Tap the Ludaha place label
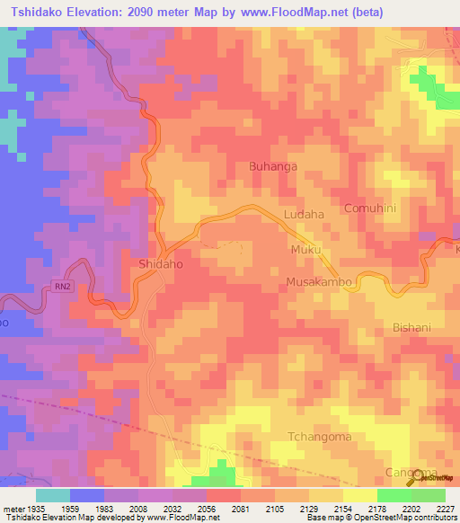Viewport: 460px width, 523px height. pyautogui.click(x=303, y=215)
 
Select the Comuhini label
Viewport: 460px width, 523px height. pyautogui.click(x=370, y=208)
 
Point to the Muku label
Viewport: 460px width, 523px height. pyautogui.click(x=305, y=249)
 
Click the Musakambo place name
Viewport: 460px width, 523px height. pyautogui.click(x=318, y=282)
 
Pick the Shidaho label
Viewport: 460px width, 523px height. pyautogui.click(x=161, y=264)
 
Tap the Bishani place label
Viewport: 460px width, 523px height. pyautogui.click(x=413, y=328)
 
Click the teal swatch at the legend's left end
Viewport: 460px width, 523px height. pyautogui.click(x=53, y=494)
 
